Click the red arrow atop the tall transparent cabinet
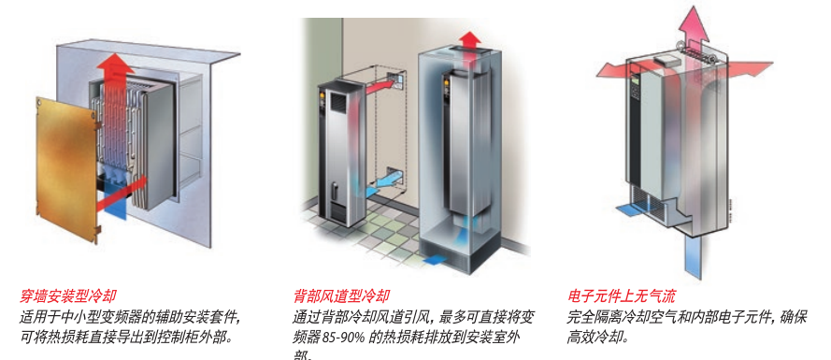click(470, 40)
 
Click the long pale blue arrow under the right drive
click(694, 252)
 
